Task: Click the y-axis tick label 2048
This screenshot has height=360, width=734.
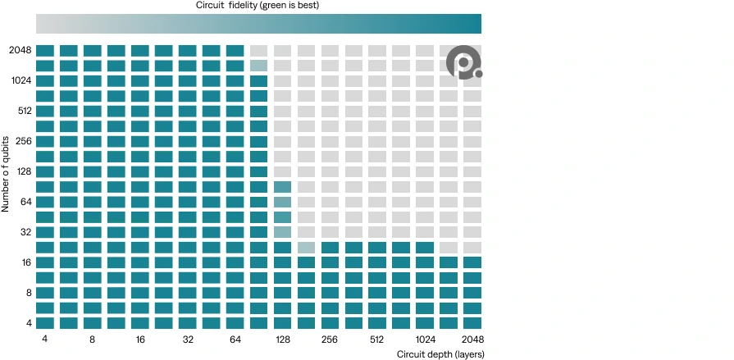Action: pos(21,51)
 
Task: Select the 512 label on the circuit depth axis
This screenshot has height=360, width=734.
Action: pos(376,339)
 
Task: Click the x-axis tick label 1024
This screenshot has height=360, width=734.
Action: pos(425,339)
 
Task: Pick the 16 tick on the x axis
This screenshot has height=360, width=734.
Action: pos(140,339)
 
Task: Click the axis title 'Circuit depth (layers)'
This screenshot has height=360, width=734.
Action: pos(440,354)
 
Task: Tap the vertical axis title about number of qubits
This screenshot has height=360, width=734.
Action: pos(6,175)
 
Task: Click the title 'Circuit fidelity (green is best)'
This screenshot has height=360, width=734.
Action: pos(258,6)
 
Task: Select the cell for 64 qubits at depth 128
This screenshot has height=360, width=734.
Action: pos(282,203)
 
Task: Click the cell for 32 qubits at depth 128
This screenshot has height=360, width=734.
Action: pos(282,232)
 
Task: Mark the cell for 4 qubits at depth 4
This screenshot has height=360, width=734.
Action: pos(45,323)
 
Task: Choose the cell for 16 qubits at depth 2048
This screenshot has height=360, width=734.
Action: pos(472,262)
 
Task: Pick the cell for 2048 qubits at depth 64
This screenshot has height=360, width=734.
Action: pos(235,51)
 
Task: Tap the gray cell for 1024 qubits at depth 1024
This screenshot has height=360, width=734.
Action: pos(425,81)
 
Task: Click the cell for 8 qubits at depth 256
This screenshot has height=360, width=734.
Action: pos(330,293)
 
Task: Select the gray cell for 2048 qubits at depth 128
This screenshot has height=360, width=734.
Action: pos(282,51)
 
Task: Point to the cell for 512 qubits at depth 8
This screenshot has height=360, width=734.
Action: pos(93,112)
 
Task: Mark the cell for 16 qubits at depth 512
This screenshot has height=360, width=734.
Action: pos(377,262)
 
